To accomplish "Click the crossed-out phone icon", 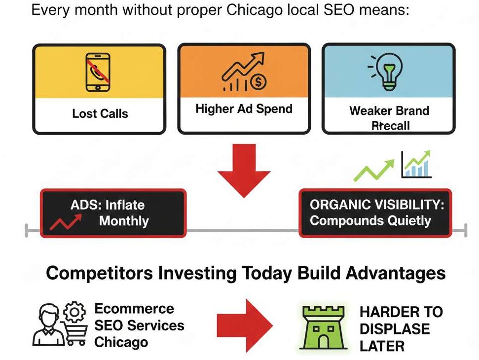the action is (98, 72).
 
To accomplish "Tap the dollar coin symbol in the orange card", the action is (258, 82).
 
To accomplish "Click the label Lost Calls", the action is (100, 113).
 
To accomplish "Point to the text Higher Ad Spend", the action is (244, 108).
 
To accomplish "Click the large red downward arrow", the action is (244, 170).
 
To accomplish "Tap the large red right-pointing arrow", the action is (245, 325).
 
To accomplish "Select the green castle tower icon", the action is (323, 327).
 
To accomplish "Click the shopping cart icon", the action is (75, 333).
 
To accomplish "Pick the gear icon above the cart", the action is (74, 312).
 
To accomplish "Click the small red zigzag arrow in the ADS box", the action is (66, 222).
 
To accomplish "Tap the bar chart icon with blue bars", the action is (416, 165).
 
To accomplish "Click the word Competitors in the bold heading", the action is (99, 273).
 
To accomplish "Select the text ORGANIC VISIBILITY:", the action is (377, 205).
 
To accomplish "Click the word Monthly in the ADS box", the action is (124, 221).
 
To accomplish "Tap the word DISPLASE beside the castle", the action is (395, 329).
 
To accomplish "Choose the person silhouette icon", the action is (49, 324).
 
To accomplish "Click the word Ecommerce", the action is (134, 308).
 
